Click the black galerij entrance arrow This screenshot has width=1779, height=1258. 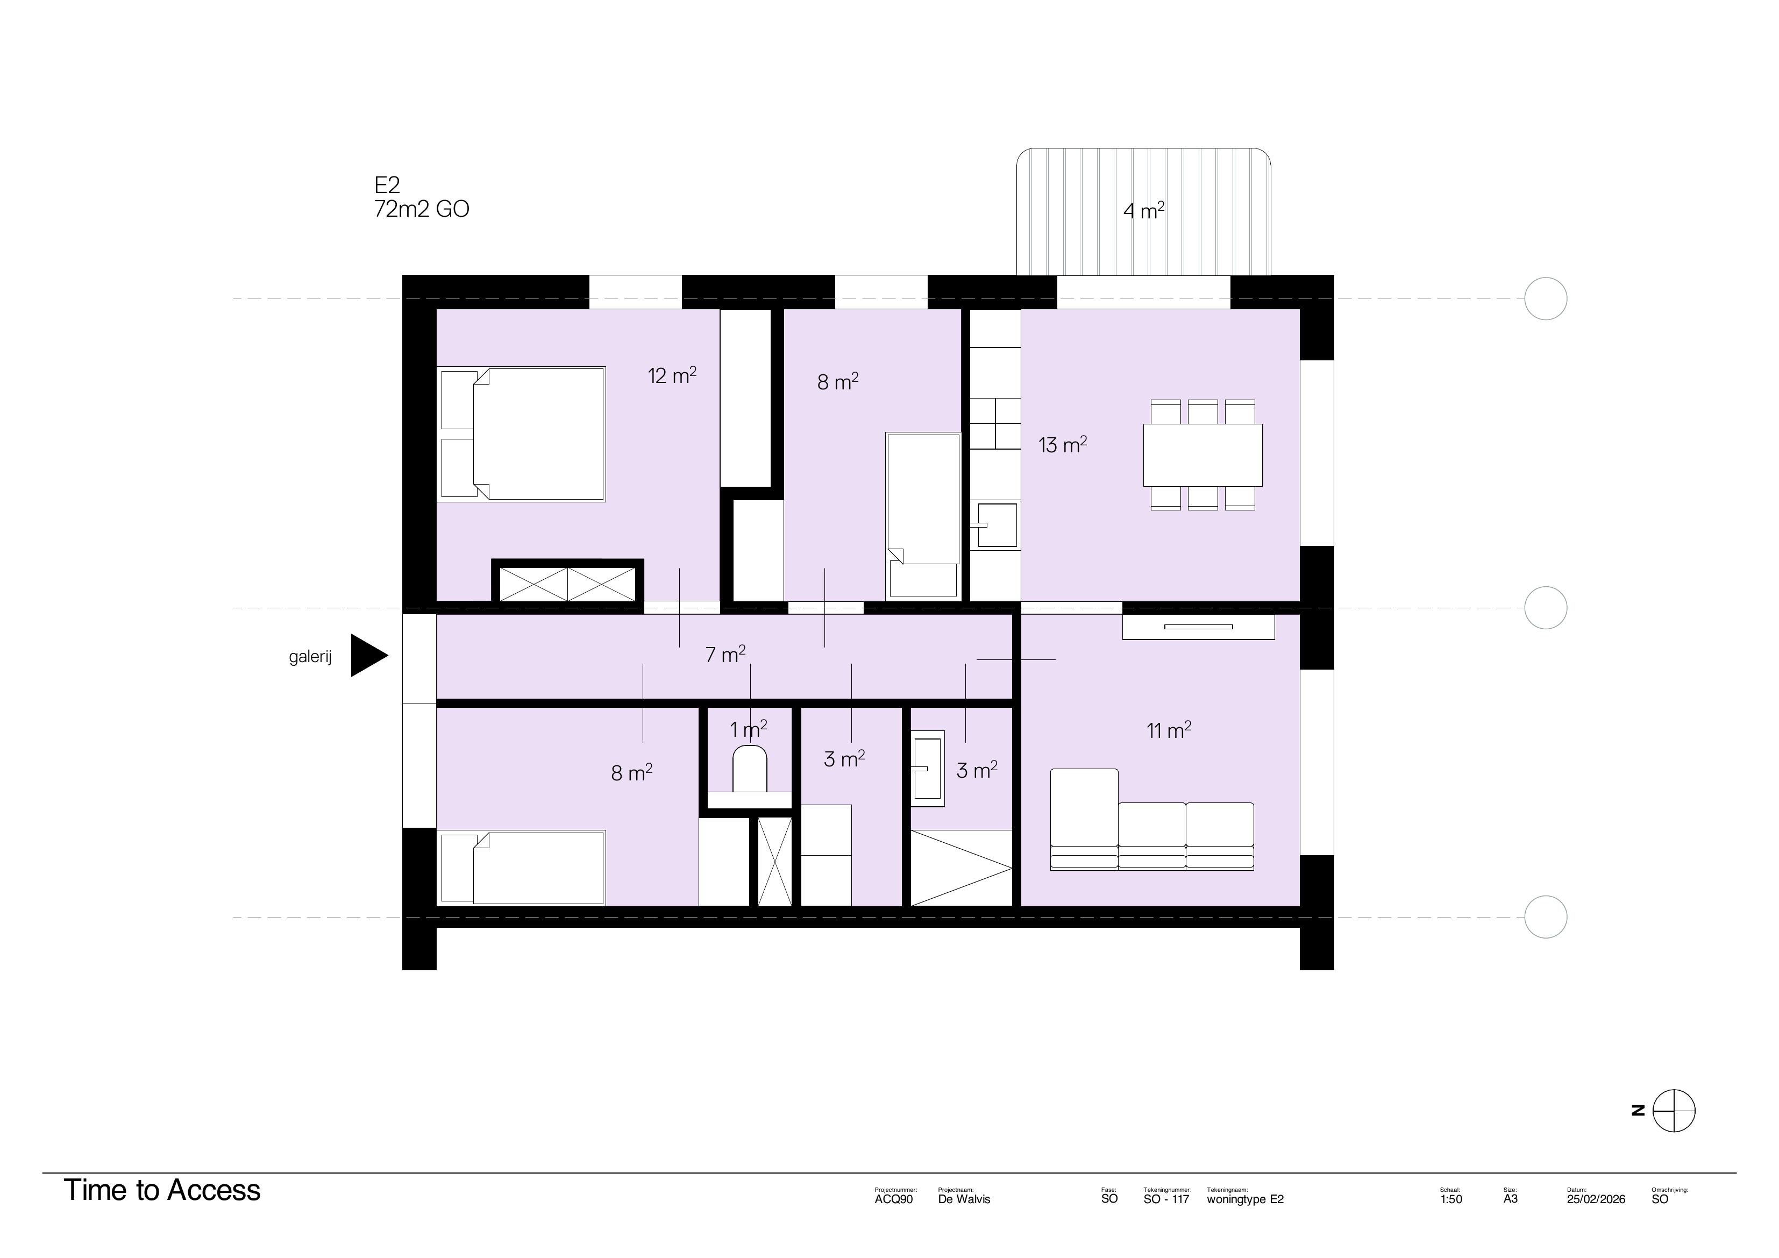click(x=367, y=656)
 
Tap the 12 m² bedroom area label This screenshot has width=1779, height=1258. click(x=672, y=376)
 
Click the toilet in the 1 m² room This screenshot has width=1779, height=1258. click(x=749, y=769)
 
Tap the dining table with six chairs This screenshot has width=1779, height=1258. click(x=1202, y=455)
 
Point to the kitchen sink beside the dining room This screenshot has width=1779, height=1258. click(x=997, y=525)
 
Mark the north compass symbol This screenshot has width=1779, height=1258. click(x=1674, y=1111)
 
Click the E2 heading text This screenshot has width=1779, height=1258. click(x=387, y=185)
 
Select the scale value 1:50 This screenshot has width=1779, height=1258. click(x=1450, y=1199)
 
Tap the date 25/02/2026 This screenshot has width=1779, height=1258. click(x=1596, y=1199)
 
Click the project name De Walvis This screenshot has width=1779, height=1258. click(x=964, y=1199)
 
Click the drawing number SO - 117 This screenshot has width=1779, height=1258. click(x=1165, y=1199)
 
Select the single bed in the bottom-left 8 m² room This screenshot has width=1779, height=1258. click(x=523, y=868)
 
